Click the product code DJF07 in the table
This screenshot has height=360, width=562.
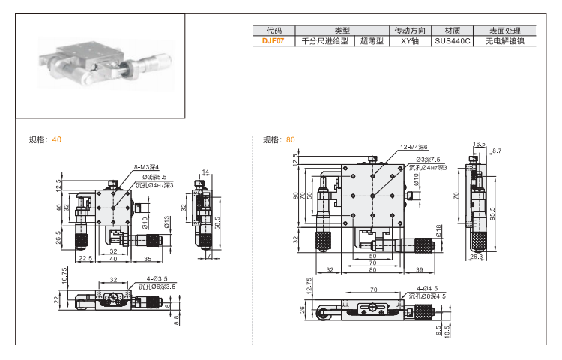click(274, 42)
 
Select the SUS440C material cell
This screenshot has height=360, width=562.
click(452, 42)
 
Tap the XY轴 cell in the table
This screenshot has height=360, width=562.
click(408, 42)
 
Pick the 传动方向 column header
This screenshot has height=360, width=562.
click(408, 31)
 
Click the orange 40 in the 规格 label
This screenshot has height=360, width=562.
click(57, 140)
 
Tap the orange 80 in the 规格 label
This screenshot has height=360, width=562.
click(291, 140)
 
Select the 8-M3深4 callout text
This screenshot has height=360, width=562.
click(146, 168)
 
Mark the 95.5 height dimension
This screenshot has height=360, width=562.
click(492, 214)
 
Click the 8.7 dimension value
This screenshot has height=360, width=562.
click(497, 151)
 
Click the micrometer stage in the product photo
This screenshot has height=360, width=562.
click(98, 63)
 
